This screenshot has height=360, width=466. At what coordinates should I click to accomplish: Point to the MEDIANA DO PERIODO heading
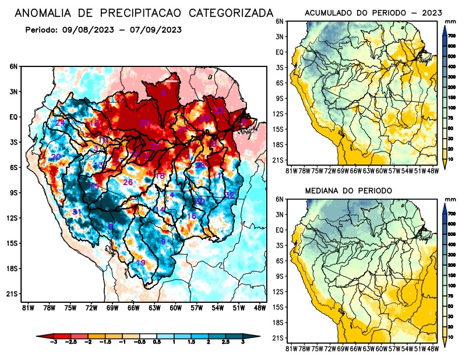348,191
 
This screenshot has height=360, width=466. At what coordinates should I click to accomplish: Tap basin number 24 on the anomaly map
60,123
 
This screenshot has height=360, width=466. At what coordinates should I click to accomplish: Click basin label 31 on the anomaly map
76,211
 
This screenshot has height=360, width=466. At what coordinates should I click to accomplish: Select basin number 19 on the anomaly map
140,263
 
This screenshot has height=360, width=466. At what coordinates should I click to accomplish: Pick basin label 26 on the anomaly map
128,182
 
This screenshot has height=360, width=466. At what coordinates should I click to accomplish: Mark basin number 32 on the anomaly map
230,195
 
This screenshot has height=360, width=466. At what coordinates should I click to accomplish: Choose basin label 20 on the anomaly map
56,157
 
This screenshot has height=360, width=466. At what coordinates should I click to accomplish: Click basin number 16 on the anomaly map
191,216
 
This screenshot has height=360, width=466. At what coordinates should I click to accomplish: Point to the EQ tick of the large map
13,117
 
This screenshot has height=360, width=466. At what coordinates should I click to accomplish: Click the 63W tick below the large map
154,308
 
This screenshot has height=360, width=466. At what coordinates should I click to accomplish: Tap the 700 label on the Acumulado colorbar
452,36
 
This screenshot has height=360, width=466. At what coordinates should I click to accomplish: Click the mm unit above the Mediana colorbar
450,199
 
